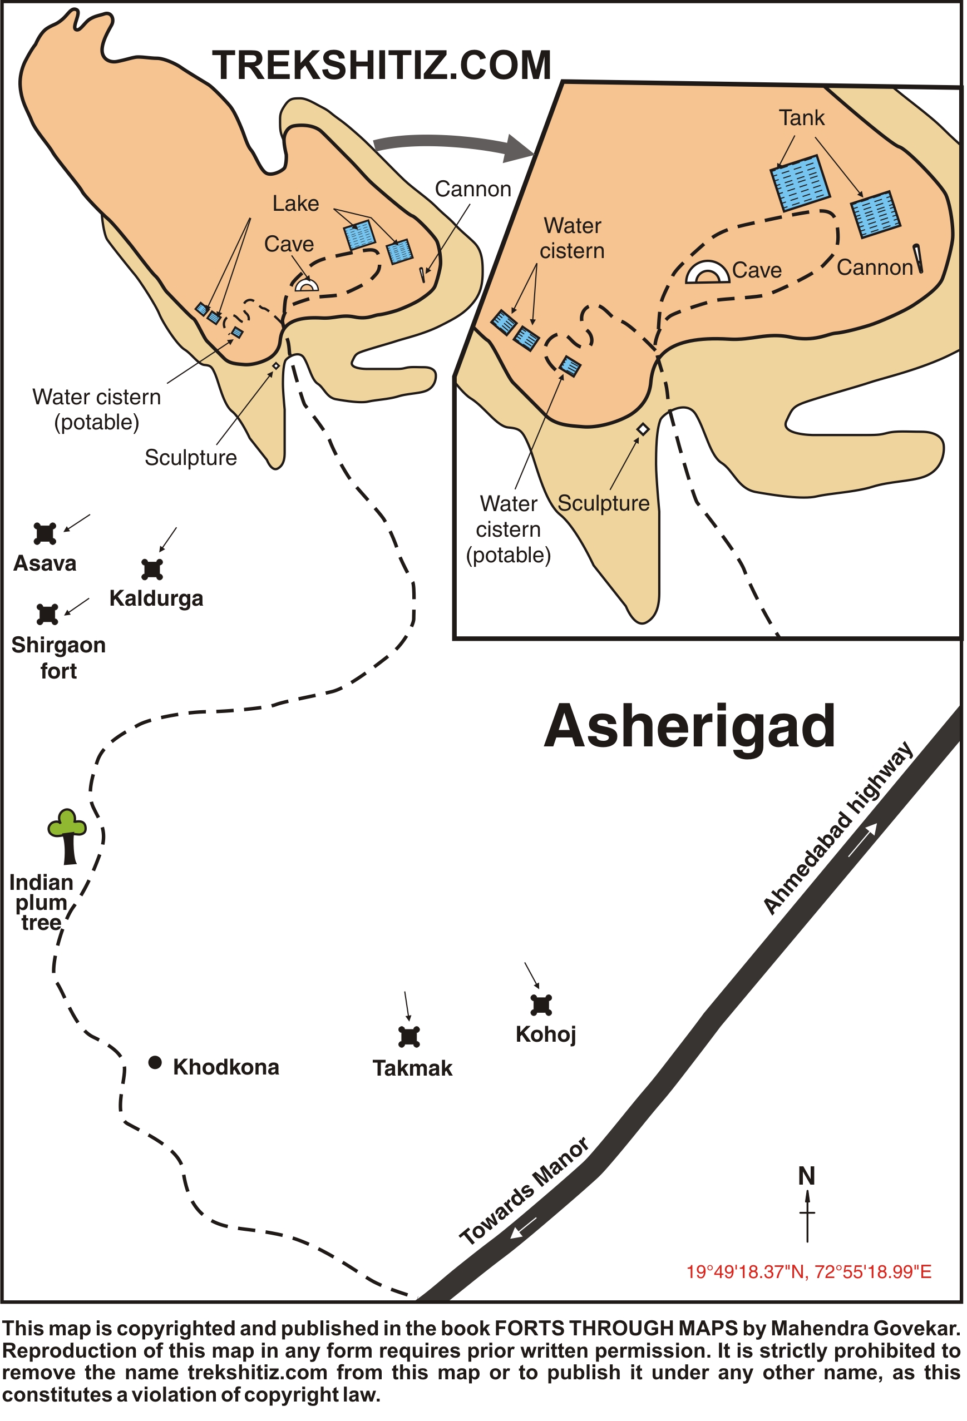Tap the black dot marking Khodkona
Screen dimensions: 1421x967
point(155,1062)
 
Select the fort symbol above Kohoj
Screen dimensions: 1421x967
point(541,1004)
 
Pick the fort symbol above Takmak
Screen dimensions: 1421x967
point(409,1036)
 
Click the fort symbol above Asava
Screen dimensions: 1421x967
point(45,533)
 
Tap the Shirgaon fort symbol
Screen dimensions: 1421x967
point(47,614)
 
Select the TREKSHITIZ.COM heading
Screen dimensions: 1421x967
point(382,66)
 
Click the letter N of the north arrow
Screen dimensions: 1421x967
point(807,1176)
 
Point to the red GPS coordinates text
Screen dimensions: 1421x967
point(808,1272)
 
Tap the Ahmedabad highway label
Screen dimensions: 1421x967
point(838,829)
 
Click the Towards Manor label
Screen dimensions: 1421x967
point(524,1191)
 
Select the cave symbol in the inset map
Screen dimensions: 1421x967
point(708,273)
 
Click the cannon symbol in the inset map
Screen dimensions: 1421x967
point(918,258)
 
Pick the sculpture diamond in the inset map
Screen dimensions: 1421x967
point(643,429)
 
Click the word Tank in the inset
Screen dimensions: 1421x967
point(801,117)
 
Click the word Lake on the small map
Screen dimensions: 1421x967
point(295,203)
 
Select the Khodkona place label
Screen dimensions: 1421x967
point(226,1066)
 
